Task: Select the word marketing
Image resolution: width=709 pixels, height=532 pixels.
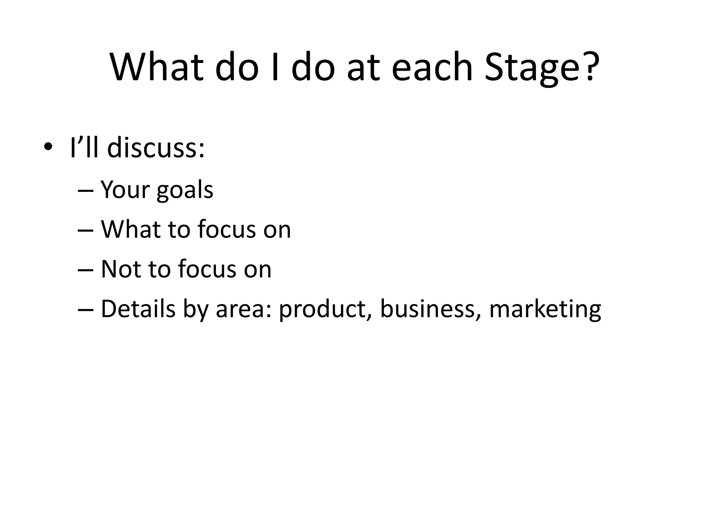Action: [545, 309]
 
